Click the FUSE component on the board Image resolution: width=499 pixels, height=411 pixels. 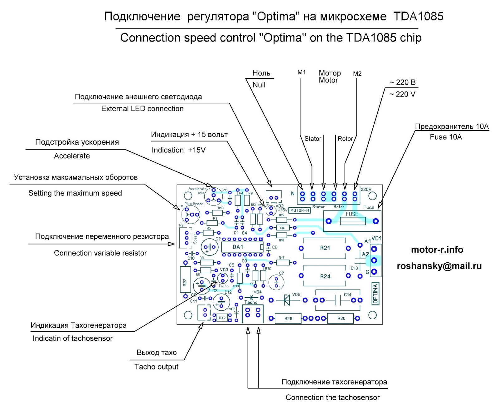coord(352,221)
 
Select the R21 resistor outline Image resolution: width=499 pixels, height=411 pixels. coord(325,248)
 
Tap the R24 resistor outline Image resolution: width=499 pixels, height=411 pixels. coord(325,276)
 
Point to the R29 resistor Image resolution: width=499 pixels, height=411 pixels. coord(288,318)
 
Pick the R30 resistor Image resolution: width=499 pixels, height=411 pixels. coord(341,318)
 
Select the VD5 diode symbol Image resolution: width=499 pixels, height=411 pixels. coord(287,300)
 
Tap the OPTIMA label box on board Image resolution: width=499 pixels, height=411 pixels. coord(375,294)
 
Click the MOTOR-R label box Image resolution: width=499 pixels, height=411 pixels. coord(299,210)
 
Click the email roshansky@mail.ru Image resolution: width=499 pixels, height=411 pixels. coord(439,266)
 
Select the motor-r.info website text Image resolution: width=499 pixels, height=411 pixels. coord(437,250)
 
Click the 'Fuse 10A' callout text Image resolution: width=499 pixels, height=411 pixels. coord(445,137)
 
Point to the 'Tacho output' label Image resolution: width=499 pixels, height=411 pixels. coord(156,367)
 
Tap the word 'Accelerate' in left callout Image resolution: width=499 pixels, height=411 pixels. coord(72,156)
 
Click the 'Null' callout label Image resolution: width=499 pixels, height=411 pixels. coord(259,85)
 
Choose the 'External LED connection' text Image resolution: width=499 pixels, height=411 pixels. coord(142,109)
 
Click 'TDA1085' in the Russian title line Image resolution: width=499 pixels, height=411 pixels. coord(418,16)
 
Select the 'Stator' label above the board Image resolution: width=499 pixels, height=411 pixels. coord(312,139)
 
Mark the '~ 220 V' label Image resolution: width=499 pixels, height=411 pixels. coord(402,94)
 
